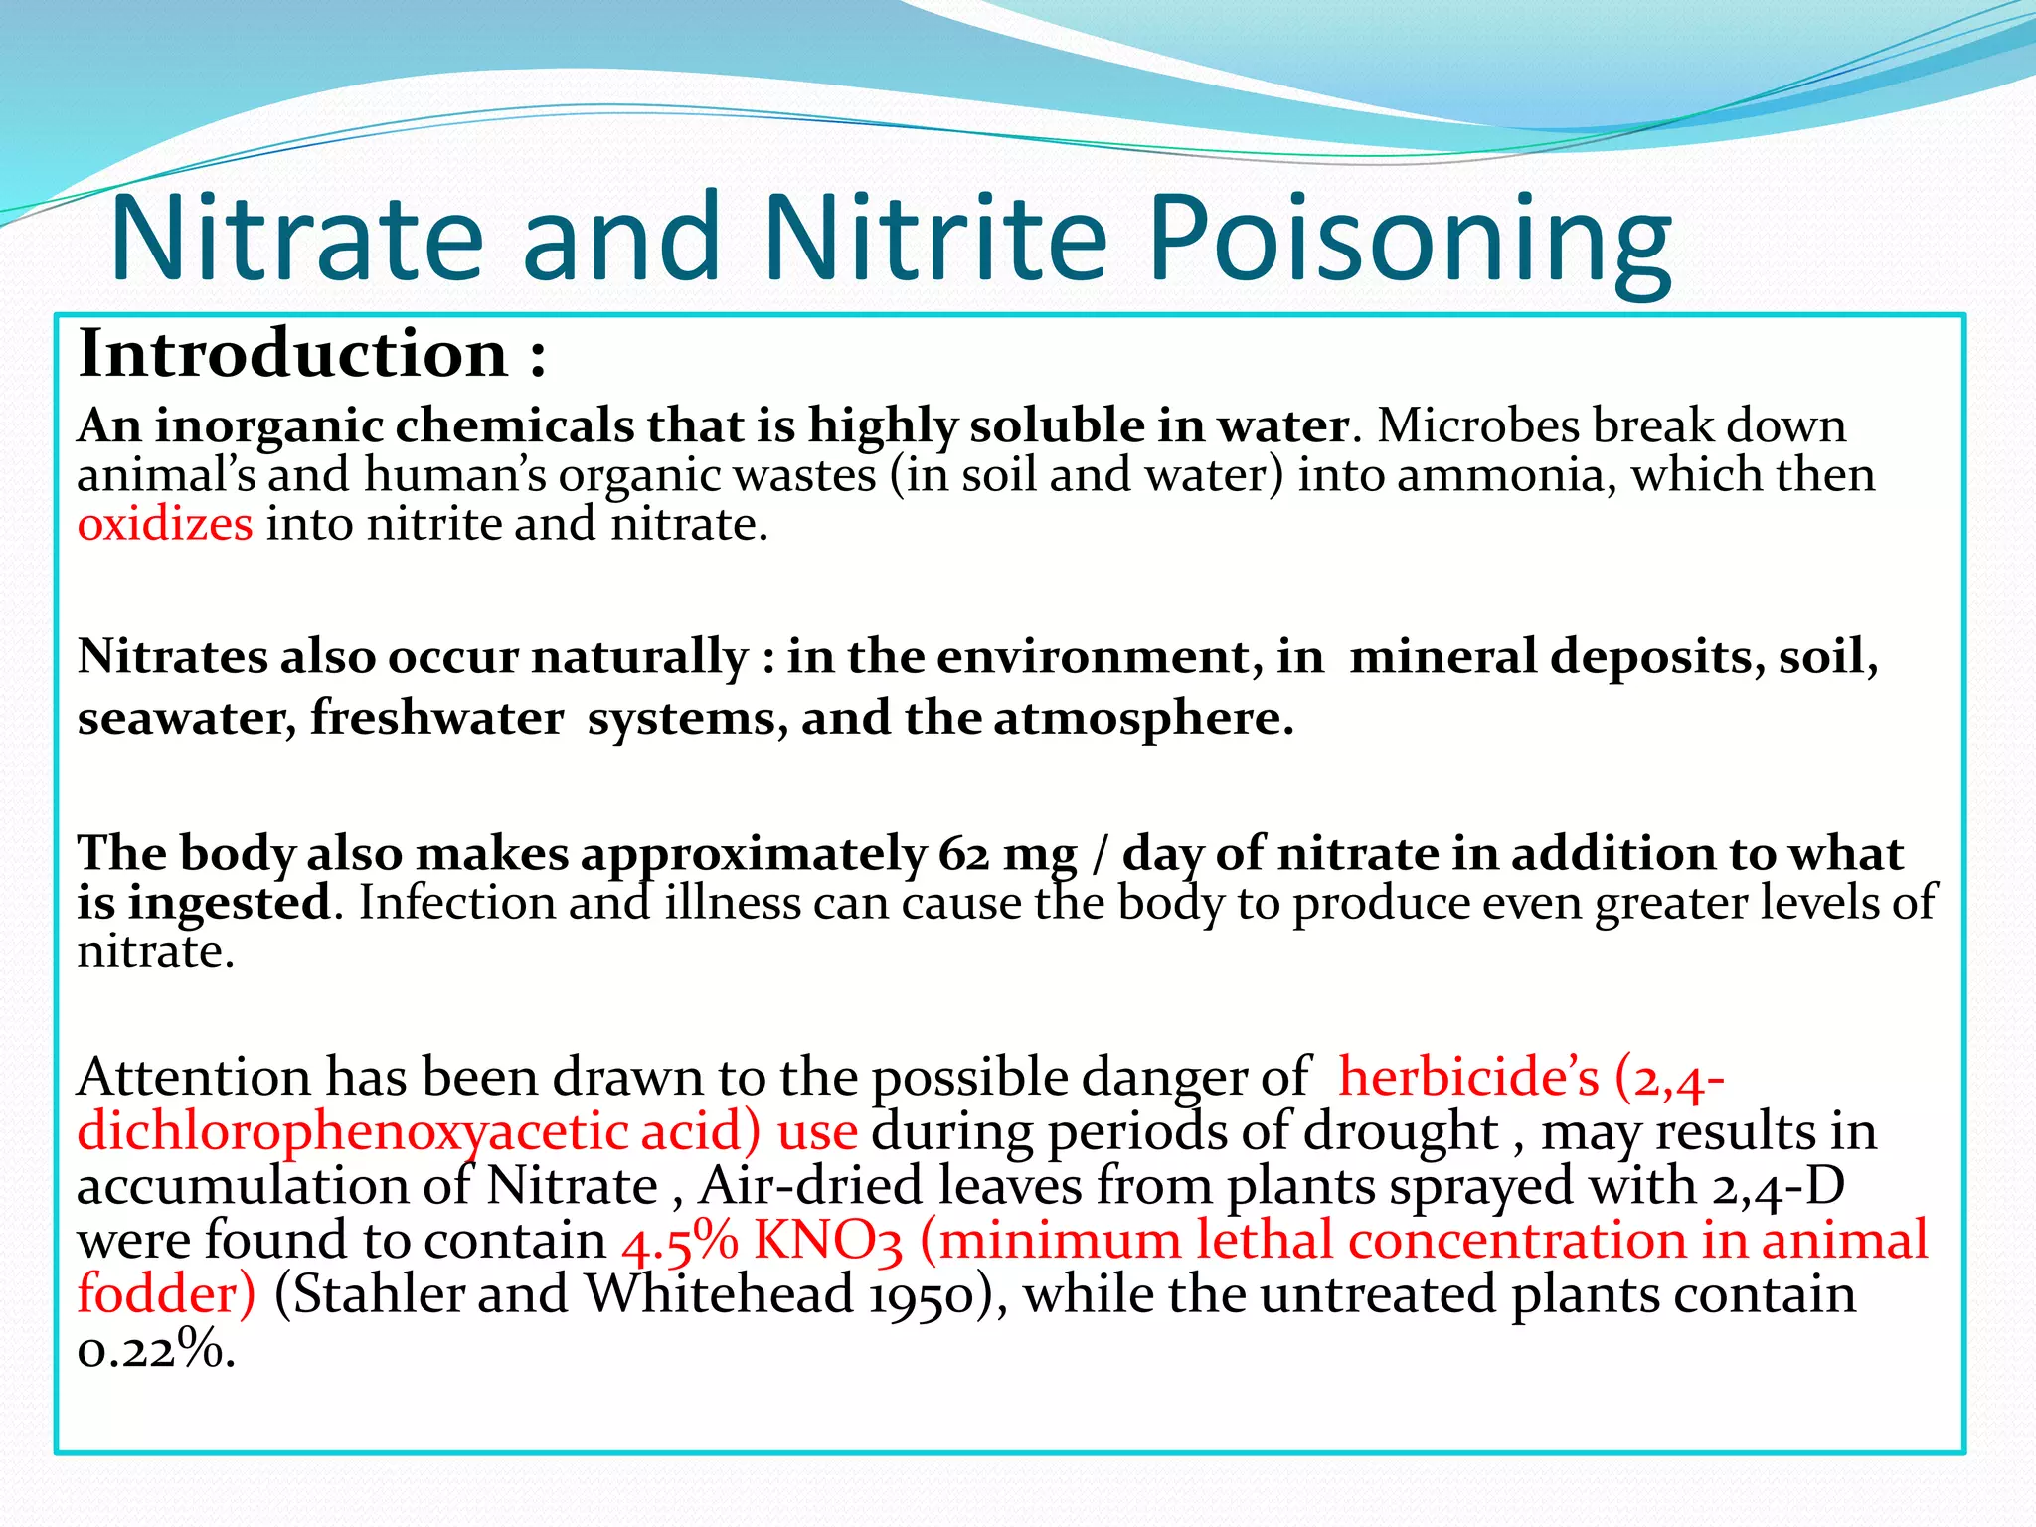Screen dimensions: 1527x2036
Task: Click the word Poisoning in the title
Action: click(1410, 239)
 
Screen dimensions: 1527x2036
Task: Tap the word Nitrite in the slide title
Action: click(934, 239)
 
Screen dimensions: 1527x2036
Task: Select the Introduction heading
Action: click(293, 354)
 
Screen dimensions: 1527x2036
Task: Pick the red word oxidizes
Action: click(165, 524)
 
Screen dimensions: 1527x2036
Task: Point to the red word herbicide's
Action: click(1468, 1077)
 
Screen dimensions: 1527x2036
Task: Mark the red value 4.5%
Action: click(680, 1241)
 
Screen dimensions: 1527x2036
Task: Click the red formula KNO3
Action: click(828, 1241)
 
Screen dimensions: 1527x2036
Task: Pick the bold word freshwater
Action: click(437, 718)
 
